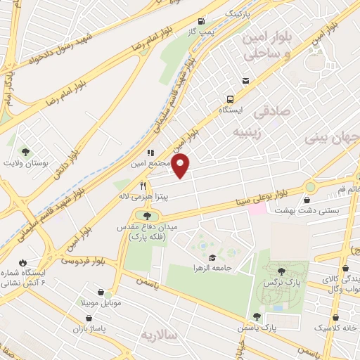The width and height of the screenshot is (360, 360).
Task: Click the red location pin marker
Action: [x=181, y=166]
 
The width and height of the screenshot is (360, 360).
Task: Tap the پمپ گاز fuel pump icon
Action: [x=203, y=20]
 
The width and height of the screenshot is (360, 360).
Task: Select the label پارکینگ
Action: [x=237, y=14]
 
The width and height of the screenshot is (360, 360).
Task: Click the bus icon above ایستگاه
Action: [x=230, y=99]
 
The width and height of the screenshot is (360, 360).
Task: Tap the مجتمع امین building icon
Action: [x=150, y=152]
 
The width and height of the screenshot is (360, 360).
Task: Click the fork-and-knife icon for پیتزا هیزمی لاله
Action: [x=143, y=186]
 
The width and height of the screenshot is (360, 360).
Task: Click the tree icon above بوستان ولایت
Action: [x=26, y=151]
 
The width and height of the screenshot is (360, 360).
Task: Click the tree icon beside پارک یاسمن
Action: [x=257, y=317]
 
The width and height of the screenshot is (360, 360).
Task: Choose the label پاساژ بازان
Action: [x=87, y=329]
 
